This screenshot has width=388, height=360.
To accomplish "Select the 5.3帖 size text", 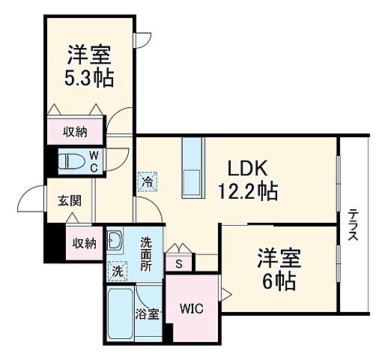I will [x=89, y=77].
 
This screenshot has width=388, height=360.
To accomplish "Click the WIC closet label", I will [x=191, y=307].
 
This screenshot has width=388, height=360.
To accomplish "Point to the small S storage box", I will [x=179, y=263].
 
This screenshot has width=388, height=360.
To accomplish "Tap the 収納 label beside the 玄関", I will [x=84, y=243].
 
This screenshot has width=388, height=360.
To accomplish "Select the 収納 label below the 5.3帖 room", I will [x=75, y=132].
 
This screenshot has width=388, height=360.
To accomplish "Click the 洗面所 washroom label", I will [x=147, y=253].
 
